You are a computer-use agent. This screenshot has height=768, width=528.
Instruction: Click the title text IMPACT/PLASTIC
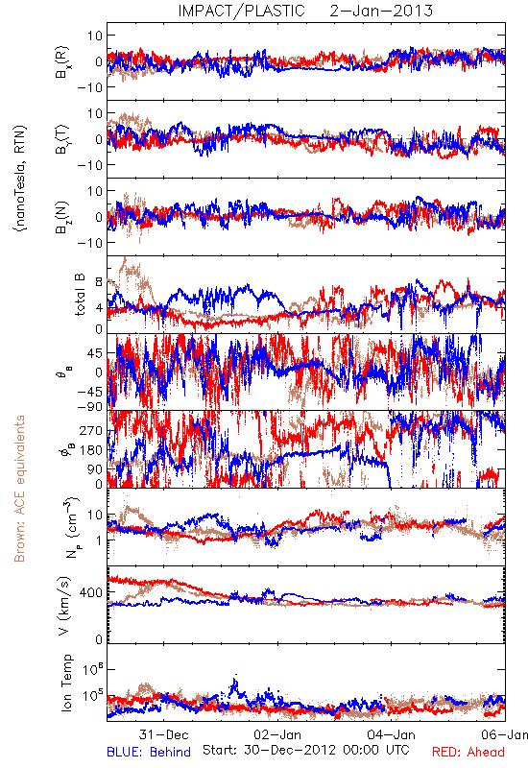[x=241, y=11]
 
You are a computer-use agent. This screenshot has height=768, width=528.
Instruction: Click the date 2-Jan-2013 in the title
[x=381, y=11]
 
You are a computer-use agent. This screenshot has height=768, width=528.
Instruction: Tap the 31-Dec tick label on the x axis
[x=163, y=734]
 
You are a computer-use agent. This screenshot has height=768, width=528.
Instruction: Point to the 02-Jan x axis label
[x=277, y=734]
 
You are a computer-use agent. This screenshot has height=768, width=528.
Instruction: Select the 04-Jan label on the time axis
[x=392, y=734]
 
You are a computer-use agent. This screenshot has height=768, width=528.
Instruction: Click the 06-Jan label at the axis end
[x=504, y=734]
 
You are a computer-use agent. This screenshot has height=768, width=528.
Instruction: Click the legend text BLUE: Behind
[x=149, y=752]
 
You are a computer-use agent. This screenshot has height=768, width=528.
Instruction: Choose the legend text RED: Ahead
[x=468, y=752]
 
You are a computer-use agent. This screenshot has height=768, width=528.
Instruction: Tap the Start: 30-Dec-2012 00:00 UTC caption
[x=306, y=750]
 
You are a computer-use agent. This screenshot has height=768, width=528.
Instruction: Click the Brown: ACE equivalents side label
[x=19, y=489]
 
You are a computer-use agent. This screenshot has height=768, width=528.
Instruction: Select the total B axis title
[x=80, y=295]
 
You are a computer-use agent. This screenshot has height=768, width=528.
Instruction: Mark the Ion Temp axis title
[x=66, y=683]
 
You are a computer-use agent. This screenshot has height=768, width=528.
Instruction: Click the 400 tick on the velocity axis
[x=91, y=592]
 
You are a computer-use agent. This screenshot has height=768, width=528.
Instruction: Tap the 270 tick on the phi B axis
[x=91, y=430]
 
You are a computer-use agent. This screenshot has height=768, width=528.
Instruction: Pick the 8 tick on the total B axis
[x=99, y=282]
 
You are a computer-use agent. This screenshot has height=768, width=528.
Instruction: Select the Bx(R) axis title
[x=62, y=62]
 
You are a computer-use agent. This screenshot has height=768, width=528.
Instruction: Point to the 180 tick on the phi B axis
[x=91, y=450]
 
